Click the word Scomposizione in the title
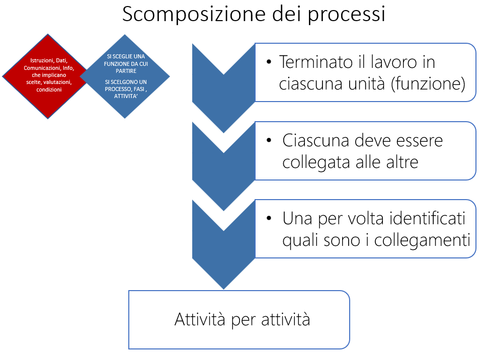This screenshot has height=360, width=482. (x=186, y=15)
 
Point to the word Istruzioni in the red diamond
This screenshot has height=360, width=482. (x=42, y=61)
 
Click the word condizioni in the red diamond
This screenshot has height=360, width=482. (x=49, y=89)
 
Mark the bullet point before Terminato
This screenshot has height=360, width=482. (x=269, y=62)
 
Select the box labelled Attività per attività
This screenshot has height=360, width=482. (x=239, y=319)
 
